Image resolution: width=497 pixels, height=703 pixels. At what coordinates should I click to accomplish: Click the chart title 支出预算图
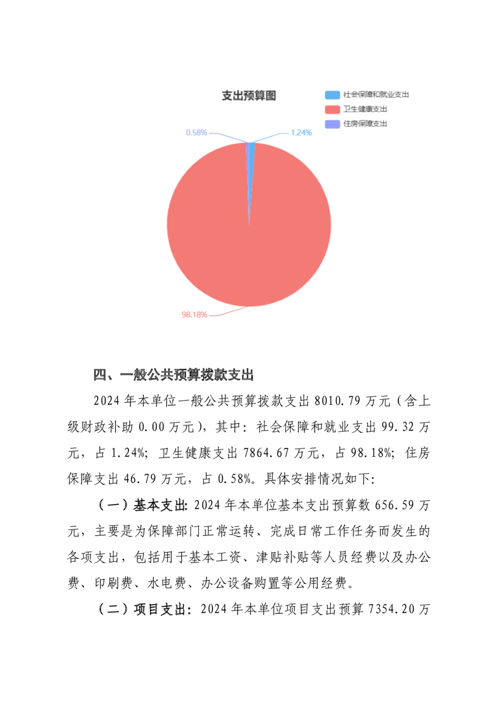click(x=249, y=96)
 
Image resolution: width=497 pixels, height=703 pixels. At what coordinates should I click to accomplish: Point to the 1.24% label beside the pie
click(x=301, y=132)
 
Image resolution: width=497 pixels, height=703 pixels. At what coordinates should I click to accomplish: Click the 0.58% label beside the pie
click(x=196, y=132)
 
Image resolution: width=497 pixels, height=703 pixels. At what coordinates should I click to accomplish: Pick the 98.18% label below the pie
click(x=194, y=315)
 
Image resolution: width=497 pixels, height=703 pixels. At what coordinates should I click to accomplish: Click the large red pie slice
click(x=249, y=238)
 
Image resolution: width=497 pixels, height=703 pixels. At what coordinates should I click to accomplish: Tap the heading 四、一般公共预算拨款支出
click(x=173, y=375)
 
